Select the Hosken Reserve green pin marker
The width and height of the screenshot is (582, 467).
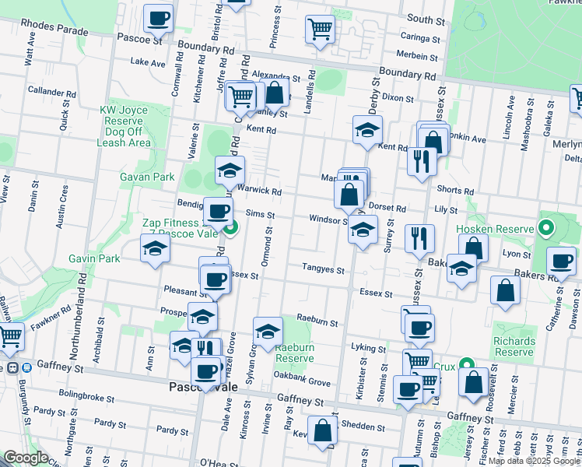[x=546, y=229]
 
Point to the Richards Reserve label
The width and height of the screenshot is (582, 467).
[x=514, y=346]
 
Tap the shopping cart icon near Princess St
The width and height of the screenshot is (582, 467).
[x=320, y=29]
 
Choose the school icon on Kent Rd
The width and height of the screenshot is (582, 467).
[x=368, y=129]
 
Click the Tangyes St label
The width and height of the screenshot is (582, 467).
[x=323, y=269]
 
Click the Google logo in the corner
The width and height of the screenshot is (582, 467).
[x=26, y=458]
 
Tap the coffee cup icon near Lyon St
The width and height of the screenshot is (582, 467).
[x=561, y=261]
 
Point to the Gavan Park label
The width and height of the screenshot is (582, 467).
[x=147, y=177]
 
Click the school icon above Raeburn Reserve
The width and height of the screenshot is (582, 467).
[x=268, y=330]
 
